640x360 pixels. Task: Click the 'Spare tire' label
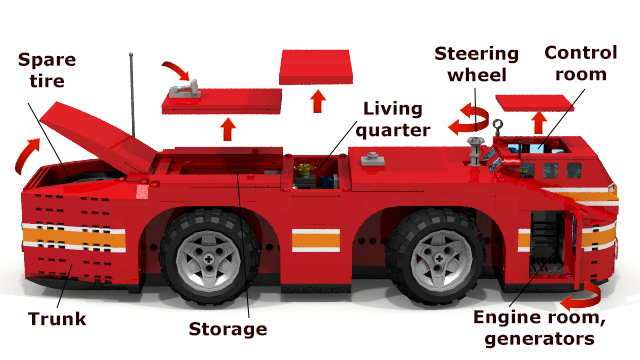tap(47, 70)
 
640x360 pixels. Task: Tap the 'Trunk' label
tap(57, 319)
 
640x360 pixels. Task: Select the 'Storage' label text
tap(228, 329)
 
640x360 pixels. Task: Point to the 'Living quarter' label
tap(393, 119)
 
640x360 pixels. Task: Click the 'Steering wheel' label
tap(476, 64)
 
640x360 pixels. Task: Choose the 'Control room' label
tap(580, 63)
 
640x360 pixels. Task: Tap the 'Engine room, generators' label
tap(539, 328)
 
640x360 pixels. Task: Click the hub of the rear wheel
tap(209, 259)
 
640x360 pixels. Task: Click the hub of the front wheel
tap(439, 259)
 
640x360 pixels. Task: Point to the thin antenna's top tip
tap(131, 54)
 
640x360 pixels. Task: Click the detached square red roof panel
tap(316, 67)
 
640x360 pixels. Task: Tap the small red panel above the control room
tap(534, 103)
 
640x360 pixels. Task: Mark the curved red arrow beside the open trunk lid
tap(24, 156)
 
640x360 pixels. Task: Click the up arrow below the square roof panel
tap(318, 101)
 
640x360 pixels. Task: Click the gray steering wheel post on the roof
tap(474, 151)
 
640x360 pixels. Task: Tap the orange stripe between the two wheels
tap(316, 240)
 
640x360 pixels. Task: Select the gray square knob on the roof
tap(372, 158)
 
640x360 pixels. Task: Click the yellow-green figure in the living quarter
tap(304, 170)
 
